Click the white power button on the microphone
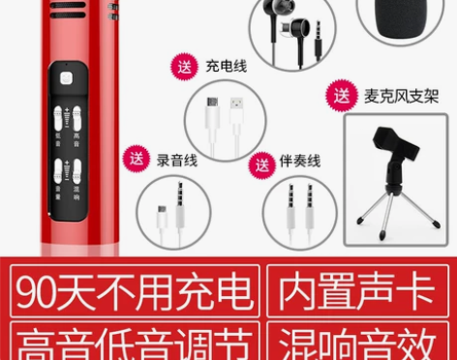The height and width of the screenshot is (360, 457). point(68,82)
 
